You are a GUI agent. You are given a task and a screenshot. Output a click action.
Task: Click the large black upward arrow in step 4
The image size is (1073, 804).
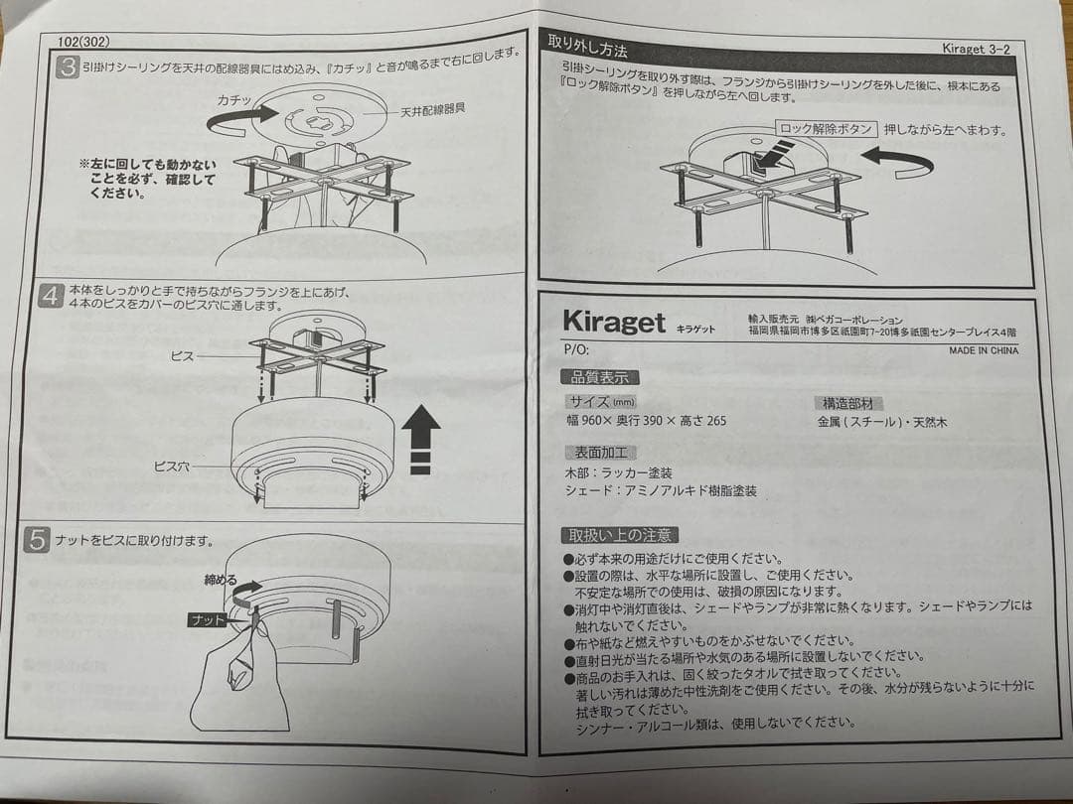421,437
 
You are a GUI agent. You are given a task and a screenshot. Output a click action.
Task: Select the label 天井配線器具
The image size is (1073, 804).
433,113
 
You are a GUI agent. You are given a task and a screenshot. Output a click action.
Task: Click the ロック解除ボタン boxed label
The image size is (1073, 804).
826,129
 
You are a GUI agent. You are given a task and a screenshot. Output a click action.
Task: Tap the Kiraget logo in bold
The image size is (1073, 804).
613,322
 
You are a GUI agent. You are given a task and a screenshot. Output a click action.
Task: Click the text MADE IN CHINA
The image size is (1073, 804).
983,350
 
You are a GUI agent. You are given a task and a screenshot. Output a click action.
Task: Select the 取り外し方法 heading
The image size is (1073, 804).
588,47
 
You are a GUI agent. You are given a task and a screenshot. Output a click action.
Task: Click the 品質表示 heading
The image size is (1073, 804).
600,377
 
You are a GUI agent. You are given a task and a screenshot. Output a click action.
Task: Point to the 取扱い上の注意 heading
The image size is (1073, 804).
619,535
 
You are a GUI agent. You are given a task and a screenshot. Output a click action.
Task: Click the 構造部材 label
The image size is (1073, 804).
847,404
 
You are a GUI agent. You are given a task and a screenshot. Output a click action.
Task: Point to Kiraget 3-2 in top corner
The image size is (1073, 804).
976,49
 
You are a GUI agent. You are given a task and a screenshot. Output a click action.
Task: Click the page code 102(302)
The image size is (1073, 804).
83,42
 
